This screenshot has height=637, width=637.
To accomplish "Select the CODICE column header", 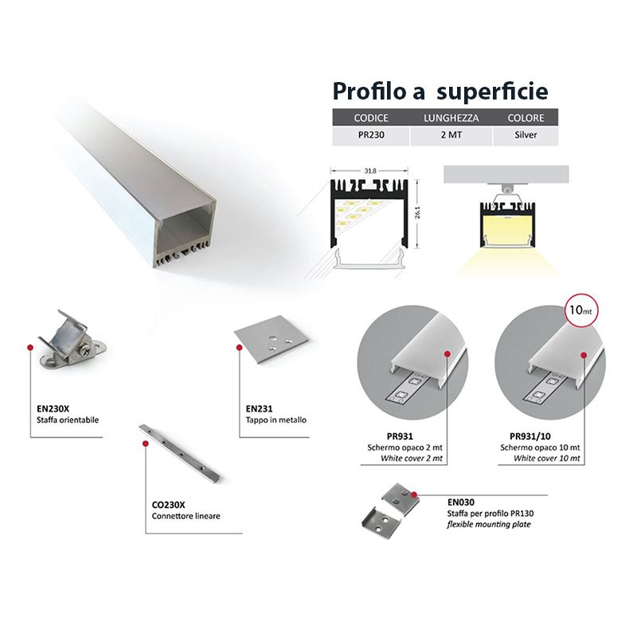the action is [x=371, y=118].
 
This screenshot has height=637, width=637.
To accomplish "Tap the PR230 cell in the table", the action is [x=371, y=135].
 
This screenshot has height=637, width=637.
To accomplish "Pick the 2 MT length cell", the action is [x=451, y=135].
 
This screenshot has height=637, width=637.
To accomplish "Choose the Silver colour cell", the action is [x=526, y=135].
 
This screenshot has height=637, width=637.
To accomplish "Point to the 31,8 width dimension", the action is [x=369, y=171].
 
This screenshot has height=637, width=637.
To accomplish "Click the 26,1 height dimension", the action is [x=417, y=212].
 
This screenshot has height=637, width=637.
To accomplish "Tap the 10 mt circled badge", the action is [x=580, y=310].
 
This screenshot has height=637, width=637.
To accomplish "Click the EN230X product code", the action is [x=53, y=408].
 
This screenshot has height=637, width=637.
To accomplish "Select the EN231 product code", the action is [x=260, y=408].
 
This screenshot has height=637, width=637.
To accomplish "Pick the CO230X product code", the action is [x=168, y=505].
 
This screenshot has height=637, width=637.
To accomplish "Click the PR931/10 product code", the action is [x=530, y=436].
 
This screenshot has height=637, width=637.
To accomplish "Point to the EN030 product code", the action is [x=461, y=502].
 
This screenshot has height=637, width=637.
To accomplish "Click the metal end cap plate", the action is [x=271, y=339].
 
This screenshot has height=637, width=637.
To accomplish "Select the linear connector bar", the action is [x=179, y=452].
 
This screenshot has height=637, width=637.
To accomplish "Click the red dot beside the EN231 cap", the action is [x=240, y=348].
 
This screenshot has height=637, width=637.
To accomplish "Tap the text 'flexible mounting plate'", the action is [x=489, y=525].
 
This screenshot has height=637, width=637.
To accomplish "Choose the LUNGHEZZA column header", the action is [x=451, y=118].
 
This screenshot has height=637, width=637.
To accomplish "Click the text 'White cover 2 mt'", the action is [x=412, y=459].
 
